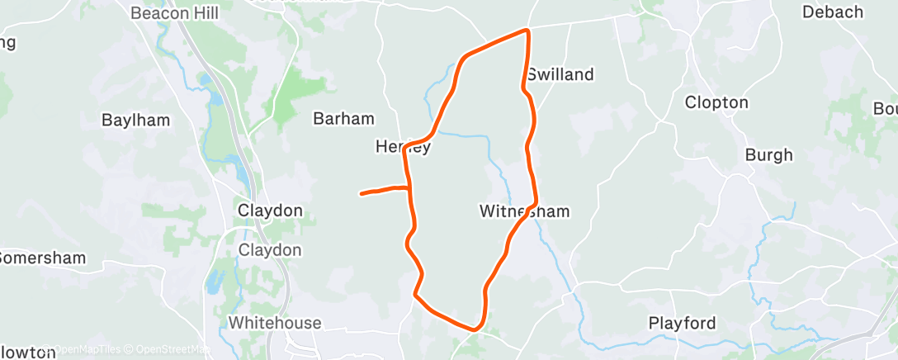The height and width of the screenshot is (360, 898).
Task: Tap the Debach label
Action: (832, 12)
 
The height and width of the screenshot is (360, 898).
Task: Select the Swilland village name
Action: (560, 74)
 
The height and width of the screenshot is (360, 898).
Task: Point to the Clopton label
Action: (716, 103)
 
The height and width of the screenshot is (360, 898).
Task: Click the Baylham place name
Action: (135, 120)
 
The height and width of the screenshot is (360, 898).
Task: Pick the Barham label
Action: (343, 119)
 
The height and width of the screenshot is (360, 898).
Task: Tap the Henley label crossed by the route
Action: (404, 147)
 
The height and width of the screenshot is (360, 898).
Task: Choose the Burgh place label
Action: (768, 154)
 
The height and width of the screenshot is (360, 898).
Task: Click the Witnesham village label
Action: (525, 211)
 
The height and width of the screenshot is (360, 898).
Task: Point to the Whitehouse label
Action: (275, 322)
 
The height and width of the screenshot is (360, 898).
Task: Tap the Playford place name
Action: (682, 322)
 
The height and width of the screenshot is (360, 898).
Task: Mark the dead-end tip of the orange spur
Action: (362, 194)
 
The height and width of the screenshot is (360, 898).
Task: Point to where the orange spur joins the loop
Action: (410, 189)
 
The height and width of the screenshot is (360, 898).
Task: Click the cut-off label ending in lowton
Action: (28, 353)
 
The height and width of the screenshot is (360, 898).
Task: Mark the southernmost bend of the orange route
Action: (475, 329)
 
